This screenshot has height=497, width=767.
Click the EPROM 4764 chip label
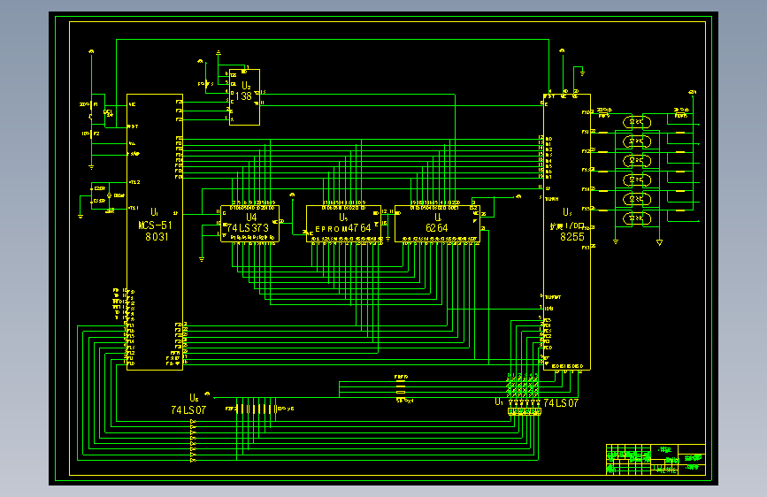(343, 228)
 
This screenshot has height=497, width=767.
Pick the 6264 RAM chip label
(437, 227)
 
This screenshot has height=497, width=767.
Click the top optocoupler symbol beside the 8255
(635, 122)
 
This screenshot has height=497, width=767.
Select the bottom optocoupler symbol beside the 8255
(635, 218)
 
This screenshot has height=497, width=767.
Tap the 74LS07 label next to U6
(188, 410)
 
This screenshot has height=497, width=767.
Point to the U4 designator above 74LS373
(251, 217)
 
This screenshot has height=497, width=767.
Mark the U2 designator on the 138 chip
(246, 87)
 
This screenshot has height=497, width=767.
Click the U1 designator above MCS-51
(154, 213)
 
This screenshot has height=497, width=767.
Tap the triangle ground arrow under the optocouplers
(659, 242)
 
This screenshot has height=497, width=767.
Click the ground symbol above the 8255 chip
(582, 69)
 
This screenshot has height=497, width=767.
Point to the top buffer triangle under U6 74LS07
(194, 424)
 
